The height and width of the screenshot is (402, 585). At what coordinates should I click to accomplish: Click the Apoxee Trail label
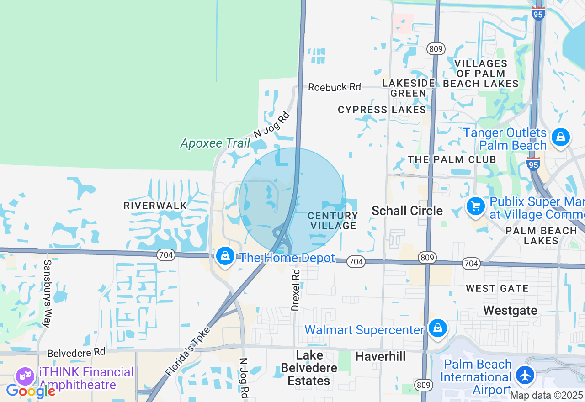point(215,143)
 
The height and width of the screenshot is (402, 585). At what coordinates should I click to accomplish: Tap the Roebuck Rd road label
point(334,87)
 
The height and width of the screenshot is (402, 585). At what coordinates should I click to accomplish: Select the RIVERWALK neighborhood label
point(155,206)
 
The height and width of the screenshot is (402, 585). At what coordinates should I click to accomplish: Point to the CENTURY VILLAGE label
point(333,220)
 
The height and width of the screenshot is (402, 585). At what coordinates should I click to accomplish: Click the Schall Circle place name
point(407,211)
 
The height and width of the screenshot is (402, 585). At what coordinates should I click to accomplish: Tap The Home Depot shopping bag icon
point(225,256)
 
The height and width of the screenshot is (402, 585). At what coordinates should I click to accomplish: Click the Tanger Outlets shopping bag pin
point(560,137)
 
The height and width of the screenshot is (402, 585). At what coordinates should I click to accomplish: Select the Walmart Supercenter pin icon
point(438,328)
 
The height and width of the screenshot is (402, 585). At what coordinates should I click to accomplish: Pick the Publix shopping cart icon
point(476,206)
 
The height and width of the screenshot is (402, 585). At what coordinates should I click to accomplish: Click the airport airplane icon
point(525,376)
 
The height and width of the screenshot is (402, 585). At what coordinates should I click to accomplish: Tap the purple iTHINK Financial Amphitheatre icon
point(25,377)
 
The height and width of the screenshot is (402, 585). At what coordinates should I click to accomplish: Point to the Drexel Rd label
point(296,290)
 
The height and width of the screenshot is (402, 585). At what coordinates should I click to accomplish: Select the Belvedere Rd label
point(76,353)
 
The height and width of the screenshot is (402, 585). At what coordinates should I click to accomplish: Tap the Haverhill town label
point(380,356)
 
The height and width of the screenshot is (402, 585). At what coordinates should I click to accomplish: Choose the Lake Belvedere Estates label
point(309,368)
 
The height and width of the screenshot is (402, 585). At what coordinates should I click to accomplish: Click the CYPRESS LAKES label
point(382,110)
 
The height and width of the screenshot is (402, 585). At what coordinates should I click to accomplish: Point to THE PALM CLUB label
point(452,159)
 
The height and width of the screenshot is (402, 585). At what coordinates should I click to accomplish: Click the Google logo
point(31,391)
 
